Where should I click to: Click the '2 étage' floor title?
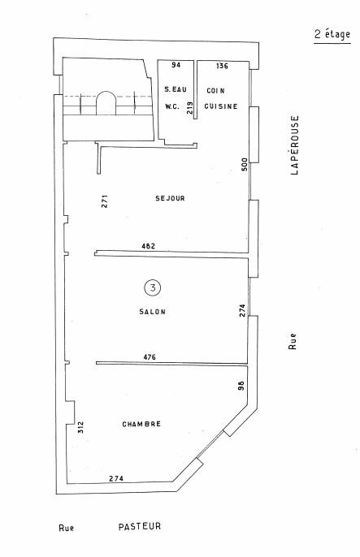click(332, 34)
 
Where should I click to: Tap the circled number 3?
click(153, 287)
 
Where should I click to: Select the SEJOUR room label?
click(170, 198)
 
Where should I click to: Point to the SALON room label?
click(153, 312)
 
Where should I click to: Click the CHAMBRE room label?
click(141, 424)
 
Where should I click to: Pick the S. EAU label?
click(176, 89)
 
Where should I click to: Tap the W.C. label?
click(172, 106)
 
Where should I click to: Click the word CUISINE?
click(221, 106)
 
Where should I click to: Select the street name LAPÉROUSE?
click(295, 145)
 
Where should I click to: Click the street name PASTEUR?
click(140, 526)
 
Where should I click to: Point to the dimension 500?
click(245, 165)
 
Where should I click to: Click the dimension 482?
click(148, 246)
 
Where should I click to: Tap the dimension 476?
click(150, 357)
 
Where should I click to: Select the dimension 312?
click(80, 427)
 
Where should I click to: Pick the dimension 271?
click(105, 201)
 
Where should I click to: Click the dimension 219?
click(190, 108)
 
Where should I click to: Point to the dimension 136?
click(222, 66)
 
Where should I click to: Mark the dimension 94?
click(176, 65)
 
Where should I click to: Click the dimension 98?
click(241, 386)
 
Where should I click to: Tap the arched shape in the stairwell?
click(106, 92)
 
